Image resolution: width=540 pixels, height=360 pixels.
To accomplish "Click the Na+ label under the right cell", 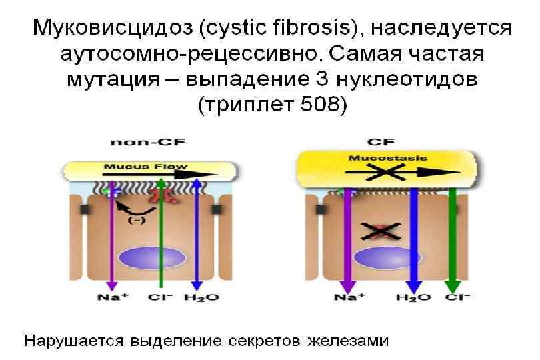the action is point(349,297).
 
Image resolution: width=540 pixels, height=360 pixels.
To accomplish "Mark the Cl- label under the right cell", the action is point(457,297).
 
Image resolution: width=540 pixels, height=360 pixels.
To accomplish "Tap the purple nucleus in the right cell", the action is point(381,258).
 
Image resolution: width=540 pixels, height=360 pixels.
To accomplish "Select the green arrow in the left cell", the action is point(161,233).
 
